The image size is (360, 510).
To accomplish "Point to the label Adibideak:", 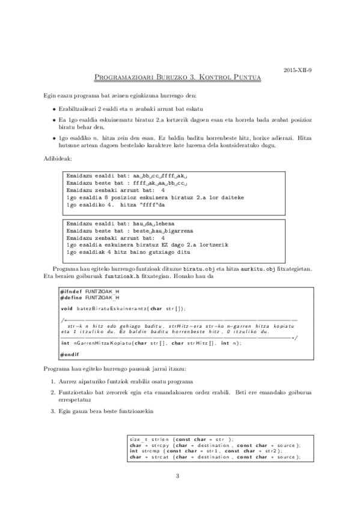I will coord(58,158).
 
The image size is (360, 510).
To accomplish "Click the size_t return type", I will coord(136,439).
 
